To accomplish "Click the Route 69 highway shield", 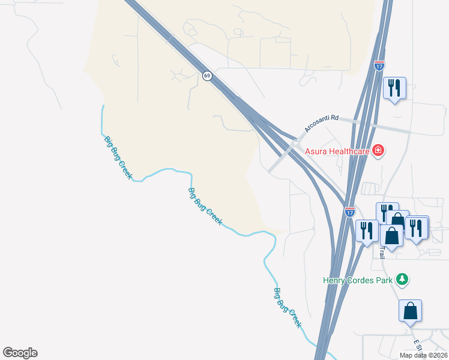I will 207,76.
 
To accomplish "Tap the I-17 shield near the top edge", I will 379,66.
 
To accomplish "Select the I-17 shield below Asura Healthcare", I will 350,212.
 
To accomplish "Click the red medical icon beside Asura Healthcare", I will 378,151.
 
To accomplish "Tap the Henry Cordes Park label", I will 358,280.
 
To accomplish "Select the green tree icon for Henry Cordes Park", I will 402,279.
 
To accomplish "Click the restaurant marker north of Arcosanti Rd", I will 394,88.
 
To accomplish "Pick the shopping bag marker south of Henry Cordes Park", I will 410,311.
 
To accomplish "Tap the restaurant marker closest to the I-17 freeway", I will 367,230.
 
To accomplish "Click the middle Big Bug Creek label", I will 205,206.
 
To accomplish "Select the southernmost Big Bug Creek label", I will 288,307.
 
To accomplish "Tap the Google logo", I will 20,353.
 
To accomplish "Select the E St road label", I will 417,346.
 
